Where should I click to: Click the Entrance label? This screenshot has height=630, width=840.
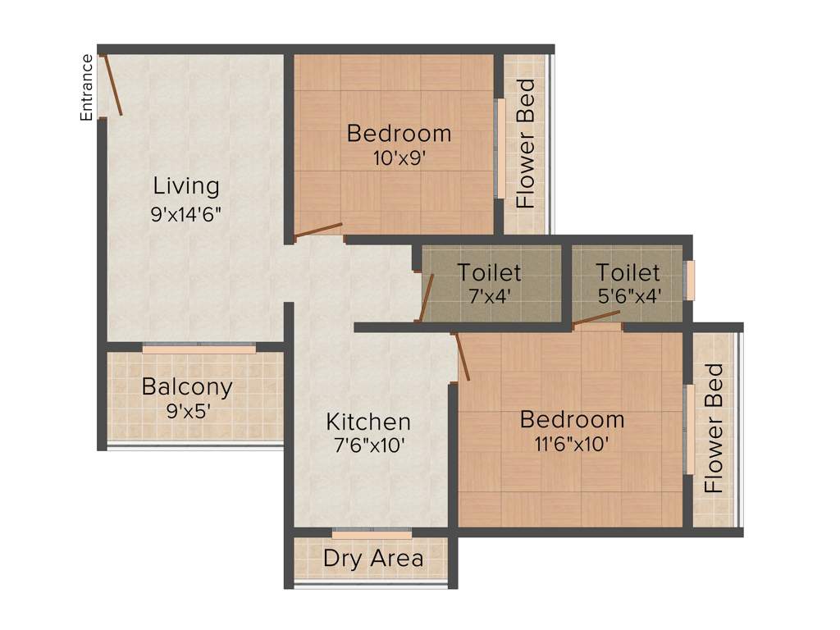pos(86,87)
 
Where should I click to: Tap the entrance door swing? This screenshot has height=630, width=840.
pos(112,84)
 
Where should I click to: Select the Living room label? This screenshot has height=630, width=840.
pos(187,186)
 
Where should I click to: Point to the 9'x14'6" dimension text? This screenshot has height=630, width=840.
pos(187,214)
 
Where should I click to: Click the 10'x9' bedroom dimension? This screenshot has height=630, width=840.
pos(399,159)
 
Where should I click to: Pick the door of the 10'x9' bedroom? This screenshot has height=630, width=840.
pos(318,231)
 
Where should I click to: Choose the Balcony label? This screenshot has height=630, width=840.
pos(187,386)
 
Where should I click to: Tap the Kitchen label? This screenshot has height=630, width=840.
pos(368,422)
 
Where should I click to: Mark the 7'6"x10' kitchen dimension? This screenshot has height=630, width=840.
pos(367,448)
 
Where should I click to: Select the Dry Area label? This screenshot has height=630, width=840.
pos(373,559)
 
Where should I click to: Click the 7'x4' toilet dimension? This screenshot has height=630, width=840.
pos(489,296)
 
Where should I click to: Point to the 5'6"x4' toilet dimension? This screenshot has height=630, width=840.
pos(628,296)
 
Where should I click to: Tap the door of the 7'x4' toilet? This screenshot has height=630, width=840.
pos(427,298)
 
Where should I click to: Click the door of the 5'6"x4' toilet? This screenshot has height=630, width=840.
pos(596,317)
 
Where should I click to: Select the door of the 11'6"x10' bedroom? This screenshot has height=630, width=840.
pos(461,358)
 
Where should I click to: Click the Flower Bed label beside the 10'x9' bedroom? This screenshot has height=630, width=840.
pos(525,144)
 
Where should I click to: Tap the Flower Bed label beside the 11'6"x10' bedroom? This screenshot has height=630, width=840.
pos(715,427)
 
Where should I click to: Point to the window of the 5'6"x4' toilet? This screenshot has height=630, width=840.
pos(690,281)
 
